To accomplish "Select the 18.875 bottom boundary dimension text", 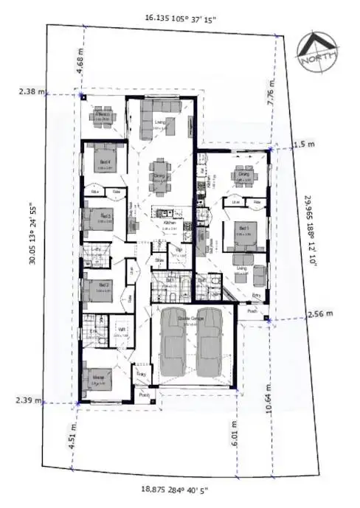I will tap(175, 489).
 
